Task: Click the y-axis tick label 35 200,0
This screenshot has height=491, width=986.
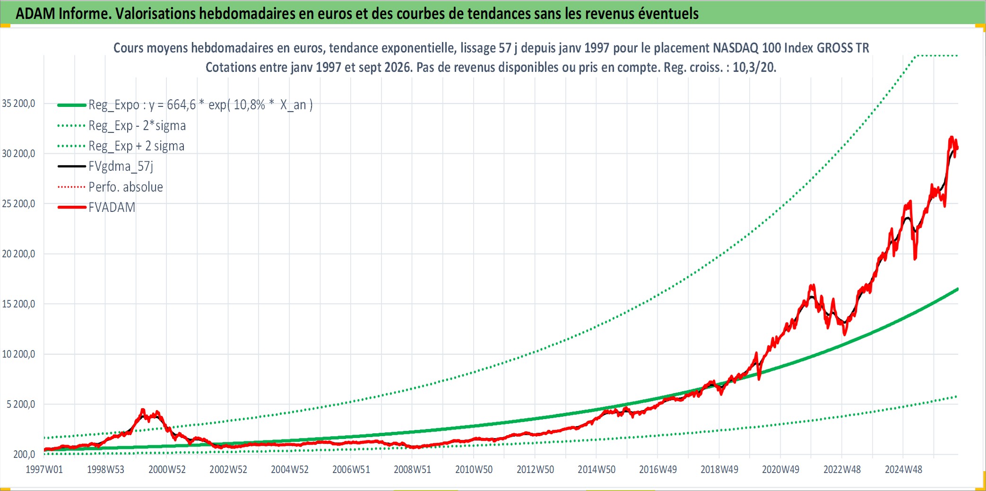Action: pos(18,103)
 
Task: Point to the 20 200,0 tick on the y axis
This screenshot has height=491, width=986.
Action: pos(18,254)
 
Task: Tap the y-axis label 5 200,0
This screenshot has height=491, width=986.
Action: pos(21,404)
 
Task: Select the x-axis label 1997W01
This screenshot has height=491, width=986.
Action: pos(44,469)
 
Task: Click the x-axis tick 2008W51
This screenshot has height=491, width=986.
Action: pos(412,469)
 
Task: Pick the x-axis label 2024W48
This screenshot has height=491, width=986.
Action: pos(903,469)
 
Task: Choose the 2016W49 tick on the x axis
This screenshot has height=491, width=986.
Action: pos(658,469)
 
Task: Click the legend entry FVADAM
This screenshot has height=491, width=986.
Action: pos(112,207)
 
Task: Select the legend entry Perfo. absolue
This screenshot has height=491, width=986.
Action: pos(126,187)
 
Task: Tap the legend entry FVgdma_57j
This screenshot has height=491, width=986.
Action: pos(121,167)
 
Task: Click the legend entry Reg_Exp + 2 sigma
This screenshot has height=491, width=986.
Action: pos(137,146)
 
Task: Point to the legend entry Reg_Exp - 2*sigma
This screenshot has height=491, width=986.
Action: pos(137,125)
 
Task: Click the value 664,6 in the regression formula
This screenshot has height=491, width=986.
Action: pos(181,105)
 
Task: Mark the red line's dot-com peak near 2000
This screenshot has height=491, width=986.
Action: pos(143,410)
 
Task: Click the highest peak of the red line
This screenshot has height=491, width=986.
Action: pos(951,137)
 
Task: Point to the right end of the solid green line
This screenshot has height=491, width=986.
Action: pos(958,289)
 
